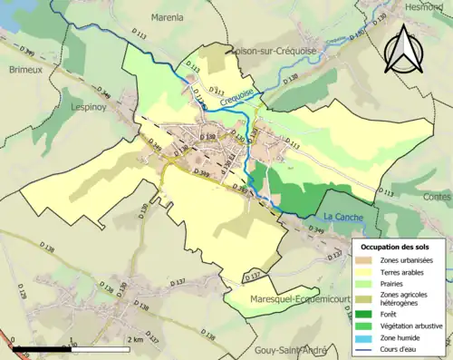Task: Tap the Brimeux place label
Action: [x=25, y=69]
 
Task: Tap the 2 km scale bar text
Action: [x=134, y=339]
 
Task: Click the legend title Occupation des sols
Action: [x=396, y=247]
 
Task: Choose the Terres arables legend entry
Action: [x=400, y=271]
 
